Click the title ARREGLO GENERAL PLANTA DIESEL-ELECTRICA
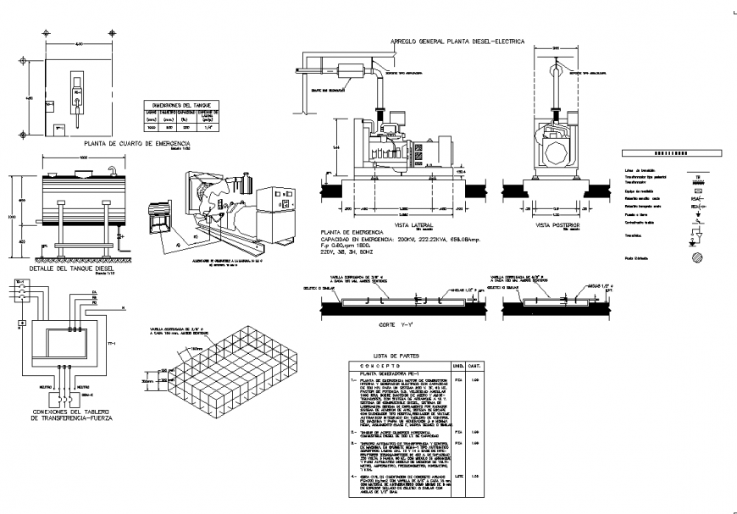pyautogui.click(x=457, y=41)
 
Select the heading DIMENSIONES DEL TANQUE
pyautogui.click(x=180, y=102)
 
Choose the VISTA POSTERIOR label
pyautogui.click(x=556, y=226)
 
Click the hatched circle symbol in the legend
pyautogui.click(x=695, y=257)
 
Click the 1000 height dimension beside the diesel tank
pyautogui.click(x=12, y=217)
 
